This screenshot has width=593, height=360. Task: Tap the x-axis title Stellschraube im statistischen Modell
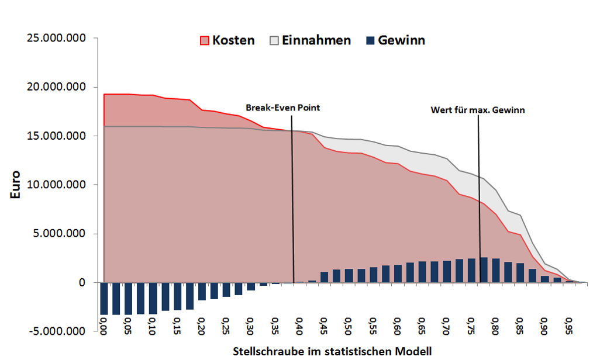(x=332, y=351)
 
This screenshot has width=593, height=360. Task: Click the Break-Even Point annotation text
(x=283, y=108)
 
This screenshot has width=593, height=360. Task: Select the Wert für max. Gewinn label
(x=478, y=110)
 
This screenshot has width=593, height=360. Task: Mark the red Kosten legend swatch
(x=204, y=41)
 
